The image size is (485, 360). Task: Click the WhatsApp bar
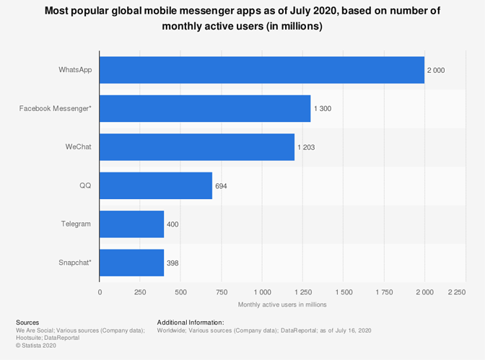pos(261,70)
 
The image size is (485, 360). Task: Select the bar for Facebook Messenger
pos(205,108)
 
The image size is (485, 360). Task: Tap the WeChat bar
pos(197,147)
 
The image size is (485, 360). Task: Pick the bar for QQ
pos(156,185)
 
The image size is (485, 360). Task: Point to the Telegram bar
pos(131,224)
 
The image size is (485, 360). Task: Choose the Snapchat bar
pos(131,263)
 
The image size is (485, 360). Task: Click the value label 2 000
pos(436,70)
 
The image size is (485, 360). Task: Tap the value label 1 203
pos(306,147)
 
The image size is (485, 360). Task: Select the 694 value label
pos(221,185)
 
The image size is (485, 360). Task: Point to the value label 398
pos(172,263)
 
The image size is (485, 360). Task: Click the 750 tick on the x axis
pos(221,292)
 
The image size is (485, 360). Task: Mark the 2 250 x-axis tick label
pos(456,292)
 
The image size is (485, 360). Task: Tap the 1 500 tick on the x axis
pos(343,292)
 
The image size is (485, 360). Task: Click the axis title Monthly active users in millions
pos(282,304)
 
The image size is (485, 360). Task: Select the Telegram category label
pos(76,224)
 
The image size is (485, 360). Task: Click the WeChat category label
pos(78,146)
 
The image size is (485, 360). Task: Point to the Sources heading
pos(27,322)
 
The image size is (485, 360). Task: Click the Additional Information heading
pos(191,322)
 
